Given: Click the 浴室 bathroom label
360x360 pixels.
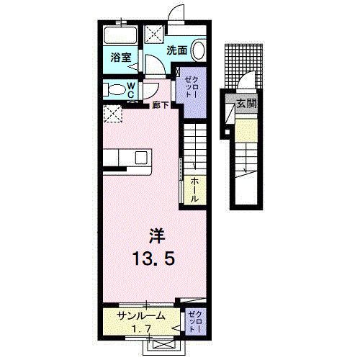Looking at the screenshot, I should coord(120,58).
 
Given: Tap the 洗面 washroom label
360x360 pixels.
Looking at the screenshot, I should coord(177,50).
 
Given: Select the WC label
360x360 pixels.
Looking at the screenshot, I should coord(132,89).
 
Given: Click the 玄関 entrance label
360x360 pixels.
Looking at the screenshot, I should coord(247,103).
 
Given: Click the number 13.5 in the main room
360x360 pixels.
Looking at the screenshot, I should coord(153,257).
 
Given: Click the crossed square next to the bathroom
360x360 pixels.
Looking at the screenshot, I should coord(155,34).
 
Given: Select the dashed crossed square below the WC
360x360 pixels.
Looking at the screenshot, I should coord(112,114).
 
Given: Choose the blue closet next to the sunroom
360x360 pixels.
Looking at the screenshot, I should coord(195,320).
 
